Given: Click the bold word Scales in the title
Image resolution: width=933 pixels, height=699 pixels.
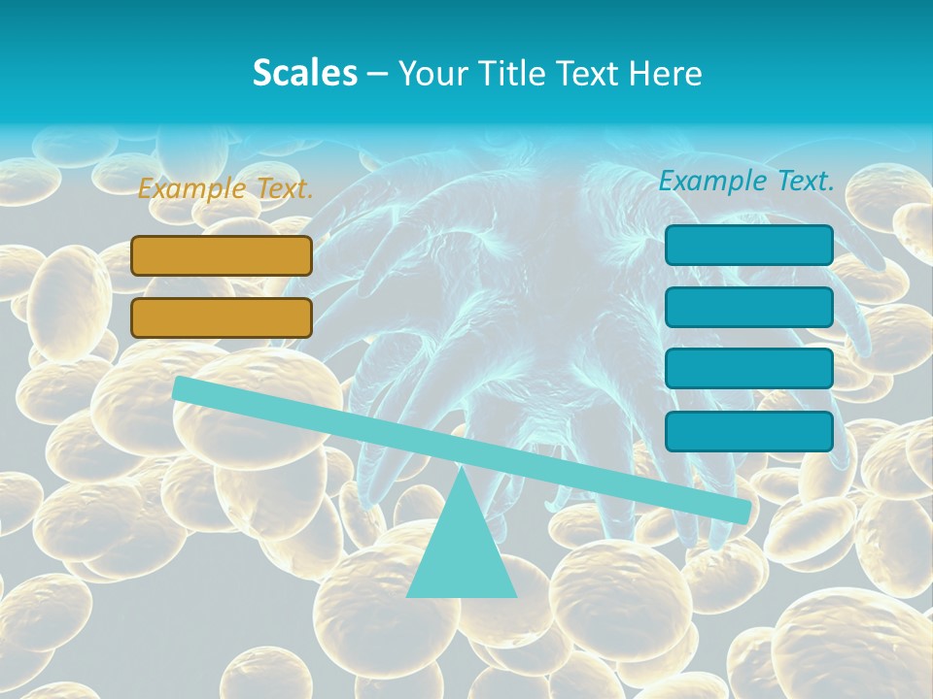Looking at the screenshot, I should [x=305, y=73].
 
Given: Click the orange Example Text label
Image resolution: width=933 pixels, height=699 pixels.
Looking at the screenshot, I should [x=225, y=188].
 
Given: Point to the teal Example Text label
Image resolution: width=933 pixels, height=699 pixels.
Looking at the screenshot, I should [x=746, y=181].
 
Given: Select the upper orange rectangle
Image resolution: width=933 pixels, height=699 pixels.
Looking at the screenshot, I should [x=222, y=255].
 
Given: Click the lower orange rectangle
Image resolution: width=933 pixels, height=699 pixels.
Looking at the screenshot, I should [x=222, y=317].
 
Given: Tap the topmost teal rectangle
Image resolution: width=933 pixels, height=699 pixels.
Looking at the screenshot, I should [x=748, y=245].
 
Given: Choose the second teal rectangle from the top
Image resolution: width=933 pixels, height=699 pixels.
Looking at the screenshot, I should [x=748, y=307].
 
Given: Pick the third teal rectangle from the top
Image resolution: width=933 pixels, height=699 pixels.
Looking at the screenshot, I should [x=748, y=369].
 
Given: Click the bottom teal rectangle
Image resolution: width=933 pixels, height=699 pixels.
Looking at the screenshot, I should [x=748, y=431].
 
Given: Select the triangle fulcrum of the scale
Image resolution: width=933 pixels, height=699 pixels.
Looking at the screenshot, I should [x=462, y=553].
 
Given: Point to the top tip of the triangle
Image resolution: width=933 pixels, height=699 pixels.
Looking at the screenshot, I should [x=462, y=470].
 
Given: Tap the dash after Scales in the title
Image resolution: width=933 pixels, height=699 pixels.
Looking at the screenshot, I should [x=377, y=74].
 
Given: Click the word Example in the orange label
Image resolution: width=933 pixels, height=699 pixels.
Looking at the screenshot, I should [x=192, y=188].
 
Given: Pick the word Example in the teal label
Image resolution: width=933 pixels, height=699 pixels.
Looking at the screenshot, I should [x=713, y=181].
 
